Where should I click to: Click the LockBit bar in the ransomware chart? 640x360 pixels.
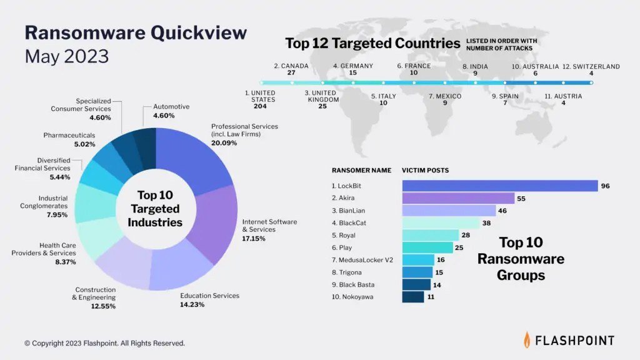pyautogui.click(x=500, y=186)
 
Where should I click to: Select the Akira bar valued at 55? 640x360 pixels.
pyautogui.click(x=458, y=198)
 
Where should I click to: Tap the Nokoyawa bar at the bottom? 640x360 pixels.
pyautogui.click(x=413, y=297)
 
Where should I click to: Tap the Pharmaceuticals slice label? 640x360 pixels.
pyautogui.click(x=69, y=134)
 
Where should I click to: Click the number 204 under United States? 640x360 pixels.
pyautogui.click(x=259, y=106)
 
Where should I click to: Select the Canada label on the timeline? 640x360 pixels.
pyautogui.click(x=291, y=66)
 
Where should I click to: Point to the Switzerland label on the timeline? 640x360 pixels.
pyautogui.click(x=591, y=66)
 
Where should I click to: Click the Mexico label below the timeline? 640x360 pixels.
pyautogui.click(x=445, y=96)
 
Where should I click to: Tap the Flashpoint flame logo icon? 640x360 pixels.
pyautogui.click(x=528, y=339)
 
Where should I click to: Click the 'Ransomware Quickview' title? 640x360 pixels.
pyautogui.click(x=136, y=32)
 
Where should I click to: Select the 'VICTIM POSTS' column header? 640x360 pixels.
pyautogui.click(x=425, y=170)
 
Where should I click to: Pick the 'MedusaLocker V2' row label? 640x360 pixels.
pyautogui.click(x=361, y=259)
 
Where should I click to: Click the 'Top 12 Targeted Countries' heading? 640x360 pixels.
pyautogui.click(x=372, y=43)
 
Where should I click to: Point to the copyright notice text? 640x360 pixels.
pyautogui.click(x=105, y=343)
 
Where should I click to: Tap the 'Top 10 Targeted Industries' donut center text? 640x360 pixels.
pyautogui.click(x=156, y=209)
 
